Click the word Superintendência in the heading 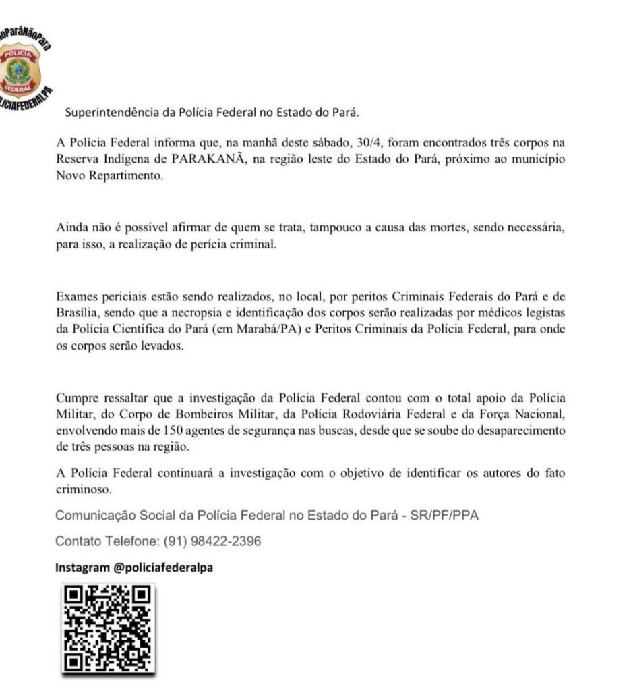[x=112, y=112]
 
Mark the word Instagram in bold [x=82, y=568]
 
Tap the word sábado [x=330, y=143]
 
